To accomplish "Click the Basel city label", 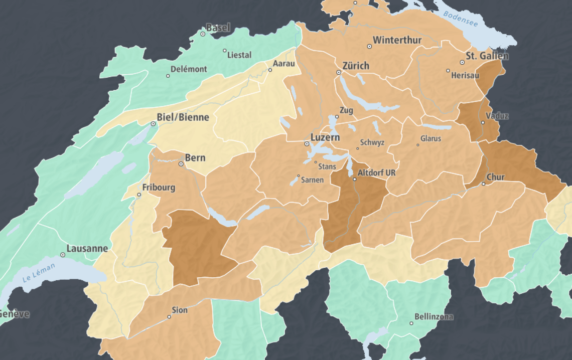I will point(218,28).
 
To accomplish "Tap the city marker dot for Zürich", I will point(339,73).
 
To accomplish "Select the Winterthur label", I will point(397,40).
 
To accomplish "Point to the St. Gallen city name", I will point(487,56).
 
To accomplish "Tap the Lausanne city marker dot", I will point(63,255).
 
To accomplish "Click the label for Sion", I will point(180,310).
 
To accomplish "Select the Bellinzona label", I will point(434,316).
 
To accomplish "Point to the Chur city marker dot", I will point(483,184).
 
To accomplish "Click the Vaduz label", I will point(497,116).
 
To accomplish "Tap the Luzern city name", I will point(325,137).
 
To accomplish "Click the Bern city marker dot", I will point(181,164).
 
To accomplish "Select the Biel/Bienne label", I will point(183,117).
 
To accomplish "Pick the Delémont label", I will point(189,69).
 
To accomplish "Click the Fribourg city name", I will point(159,188).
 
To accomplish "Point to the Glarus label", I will point(431,138).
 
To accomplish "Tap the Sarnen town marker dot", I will point(299,176).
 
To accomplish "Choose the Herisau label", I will point(465,75).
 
